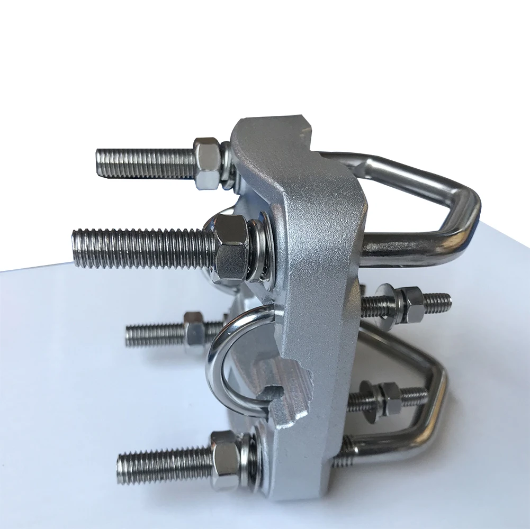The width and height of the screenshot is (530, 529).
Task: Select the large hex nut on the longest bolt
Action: tap(231, 248)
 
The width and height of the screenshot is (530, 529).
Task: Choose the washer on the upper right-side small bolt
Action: tap(383, 304)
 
